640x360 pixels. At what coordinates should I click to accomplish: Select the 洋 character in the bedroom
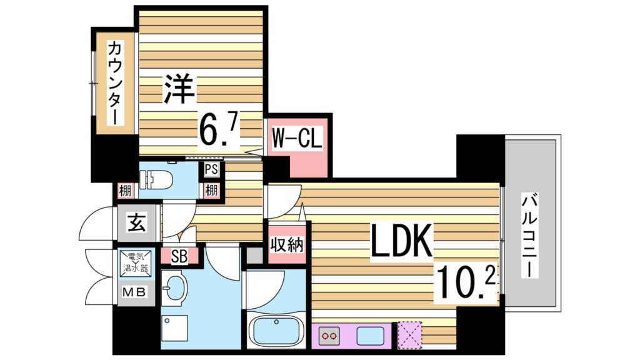tap(179, 89)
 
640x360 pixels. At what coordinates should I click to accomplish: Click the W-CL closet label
tap(296, 139)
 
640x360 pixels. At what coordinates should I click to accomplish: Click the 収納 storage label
tap(286, 244)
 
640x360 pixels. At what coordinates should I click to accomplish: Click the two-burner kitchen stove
tap(329, 336)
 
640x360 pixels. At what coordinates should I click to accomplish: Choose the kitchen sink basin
tap(370, 336)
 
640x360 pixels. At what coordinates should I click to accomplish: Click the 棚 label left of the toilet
tap(125, 190)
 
